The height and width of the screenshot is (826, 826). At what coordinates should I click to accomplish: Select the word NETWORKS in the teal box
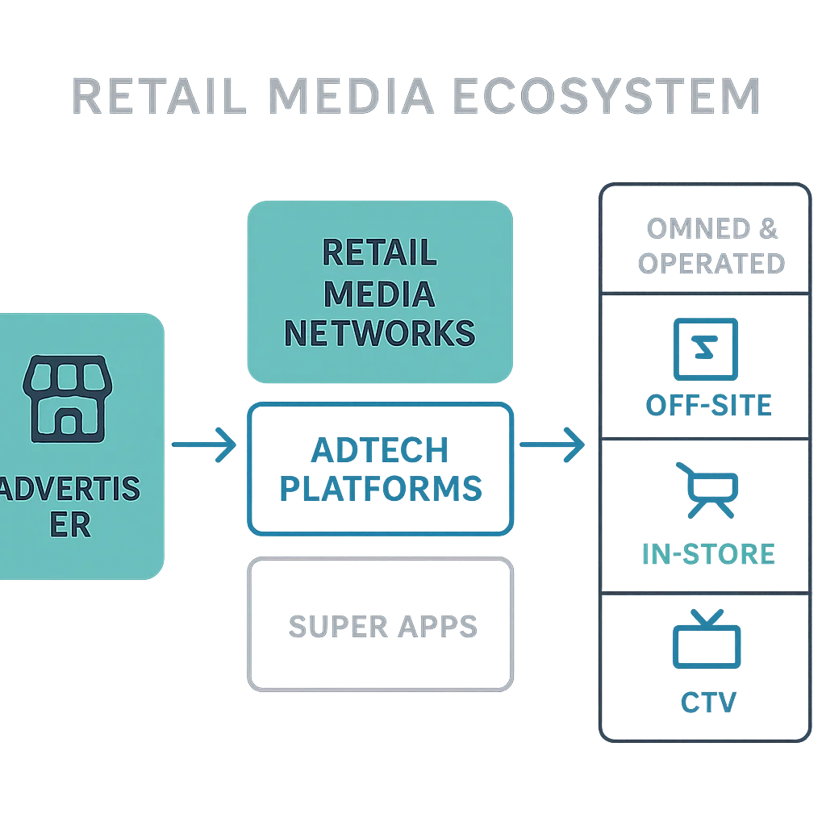point(379,332)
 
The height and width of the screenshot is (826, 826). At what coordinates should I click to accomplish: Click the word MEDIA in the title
point(353,97)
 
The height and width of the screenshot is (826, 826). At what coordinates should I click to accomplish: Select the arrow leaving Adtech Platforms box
point(551,444)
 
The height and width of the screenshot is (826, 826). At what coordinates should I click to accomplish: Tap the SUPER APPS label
point(383,627)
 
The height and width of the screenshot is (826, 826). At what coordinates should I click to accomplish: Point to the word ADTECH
point(381,448)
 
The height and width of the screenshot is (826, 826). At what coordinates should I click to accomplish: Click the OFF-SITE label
point(709,406)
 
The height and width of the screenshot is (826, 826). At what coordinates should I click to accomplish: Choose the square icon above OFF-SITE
point(706,348)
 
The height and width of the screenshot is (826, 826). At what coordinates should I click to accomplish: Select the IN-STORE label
point(707,554)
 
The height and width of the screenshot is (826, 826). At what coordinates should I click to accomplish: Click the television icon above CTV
point(707,639)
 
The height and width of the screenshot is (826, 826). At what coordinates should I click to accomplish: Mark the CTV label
point(707,702)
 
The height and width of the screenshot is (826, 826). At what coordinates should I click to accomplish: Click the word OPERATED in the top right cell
point(711,264)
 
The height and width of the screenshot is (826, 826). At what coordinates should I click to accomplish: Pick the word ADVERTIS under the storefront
point(69,489)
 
